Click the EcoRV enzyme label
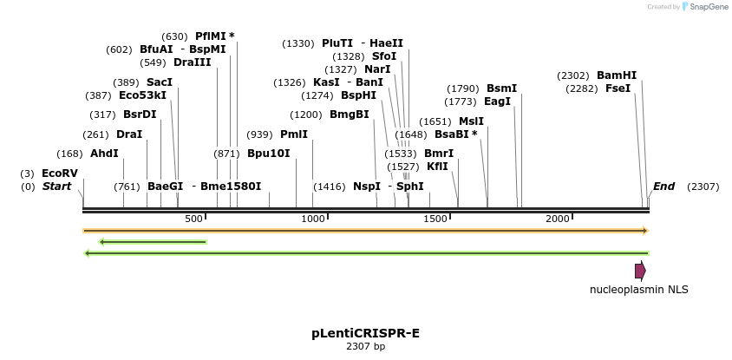click(x=59, y=173)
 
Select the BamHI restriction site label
click(x=617, y=75)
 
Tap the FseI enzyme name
click(x=618, y=88)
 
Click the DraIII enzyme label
click(x=192, y=62)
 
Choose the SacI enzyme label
click(x=159, y=82)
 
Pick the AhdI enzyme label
click(x=104, y=154)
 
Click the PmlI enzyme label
click(x=294, y=134)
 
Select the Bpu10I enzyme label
click(x=268, y=154)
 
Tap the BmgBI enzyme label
click(x=349, y=115)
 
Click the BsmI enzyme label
click(x=501, y=88)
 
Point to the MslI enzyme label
click(x=471, y=121)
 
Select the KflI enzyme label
click(x=437, y=167)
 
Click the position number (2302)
click(x=574, y=75)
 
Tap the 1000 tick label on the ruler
click(x=312, y=219)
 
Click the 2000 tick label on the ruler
click(x=557, y=219)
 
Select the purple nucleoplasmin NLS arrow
click(x=640, y=271)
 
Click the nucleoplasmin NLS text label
click(x=639, y=290)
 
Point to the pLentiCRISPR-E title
click(x=365, y=333)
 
